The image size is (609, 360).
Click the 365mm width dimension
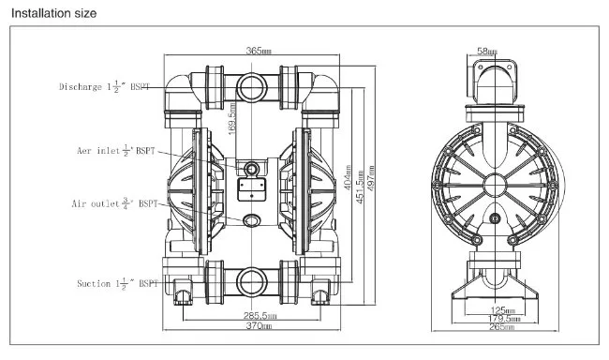[260, 51]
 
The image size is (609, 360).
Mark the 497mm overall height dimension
[372, 176]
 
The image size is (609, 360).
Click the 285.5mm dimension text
[260, 316]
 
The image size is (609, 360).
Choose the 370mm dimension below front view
[260, 326]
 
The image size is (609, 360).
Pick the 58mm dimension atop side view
[486, 52]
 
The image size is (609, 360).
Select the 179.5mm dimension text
[503, 318]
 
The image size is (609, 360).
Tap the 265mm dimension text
[503, 327]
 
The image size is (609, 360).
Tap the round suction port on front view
[250, 279]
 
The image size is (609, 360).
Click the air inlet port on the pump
[250, 168]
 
